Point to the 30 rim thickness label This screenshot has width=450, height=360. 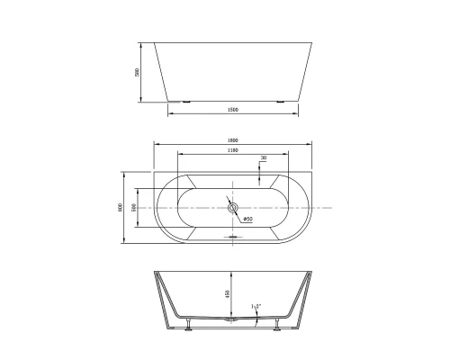tap(263, 158)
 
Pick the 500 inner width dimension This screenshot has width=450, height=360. tap(134, 207)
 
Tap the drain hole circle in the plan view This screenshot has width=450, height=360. tap(234, 208)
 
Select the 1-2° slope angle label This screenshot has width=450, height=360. tap(257, 307)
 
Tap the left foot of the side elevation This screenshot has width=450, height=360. tap(185, 102)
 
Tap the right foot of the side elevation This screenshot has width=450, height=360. tap(283, 102)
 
